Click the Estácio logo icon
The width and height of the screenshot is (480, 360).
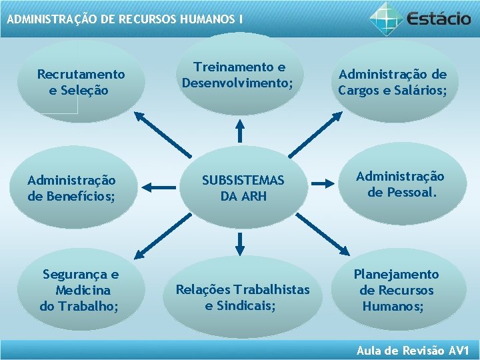tap(386, 17)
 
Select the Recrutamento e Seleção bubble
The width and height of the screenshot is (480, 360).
tap(81, 81)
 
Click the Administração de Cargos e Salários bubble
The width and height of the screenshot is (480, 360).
tap(392, 82)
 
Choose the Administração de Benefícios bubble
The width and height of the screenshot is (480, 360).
tap(71, 188)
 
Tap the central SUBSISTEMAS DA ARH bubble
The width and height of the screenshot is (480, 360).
tap(243, 188)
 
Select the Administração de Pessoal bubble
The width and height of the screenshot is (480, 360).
tap(400, 184)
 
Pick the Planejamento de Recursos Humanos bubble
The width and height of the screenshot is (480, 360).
tap(396, 290)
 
